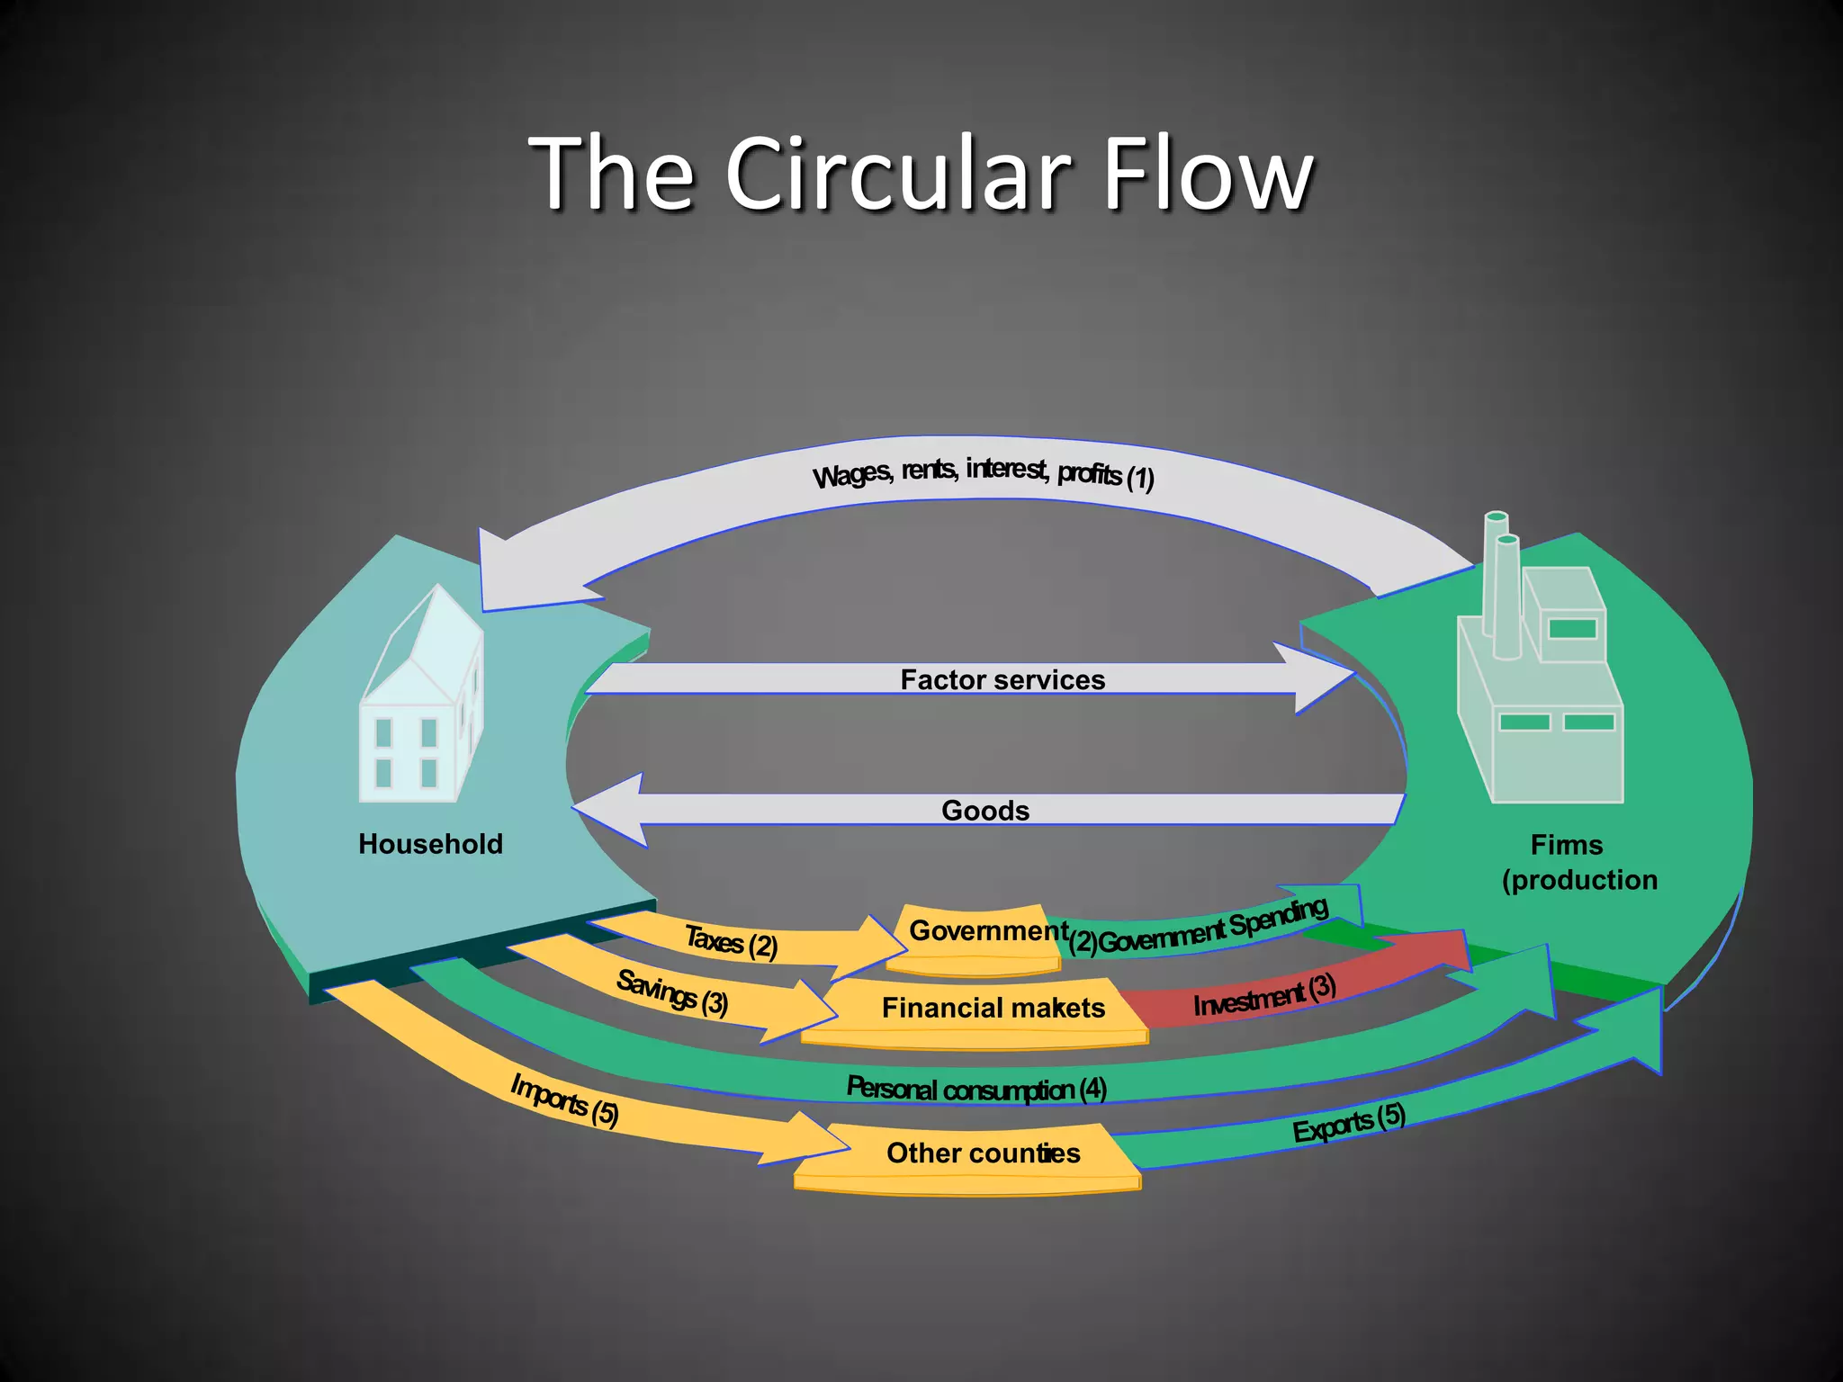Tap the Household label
point(430,844)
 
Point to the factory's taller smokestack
point(1494,576)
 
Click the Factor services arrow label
point(1002,679)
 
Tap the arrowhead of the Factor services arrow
point(1318,678)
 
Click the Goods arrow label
point(985,810)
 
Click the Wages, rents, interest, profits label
point(983,471)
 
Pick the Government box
point(981,936)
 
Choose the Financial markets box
point(990,1010)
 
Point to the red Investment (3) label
point(1264,995)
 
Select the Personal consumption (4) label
point(976,1089)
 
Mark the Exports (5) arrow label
point(1348,1123)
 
